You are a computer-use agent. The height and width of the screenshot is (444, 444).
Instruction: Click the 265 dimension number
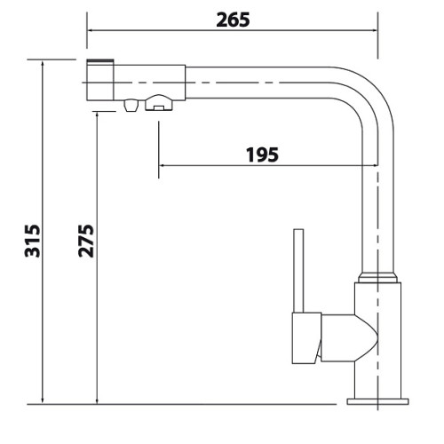[x=233, y=20]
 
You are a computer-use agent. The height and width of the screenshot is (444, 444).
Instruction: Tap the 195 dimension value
[x=262, y=155]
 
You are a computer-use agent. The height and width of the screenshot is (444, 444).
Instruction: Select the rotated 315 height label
[x=32, y=241]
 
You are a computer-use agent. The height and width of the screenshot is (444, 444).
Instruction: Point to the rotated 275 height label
[x=86, y=241]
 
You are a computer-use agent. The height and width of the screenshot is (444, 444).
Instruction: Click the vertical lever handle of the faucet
[x=298, y=271]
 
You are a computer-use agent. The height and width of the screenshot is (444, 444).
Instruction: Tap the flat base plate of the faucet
[x=378, y=401]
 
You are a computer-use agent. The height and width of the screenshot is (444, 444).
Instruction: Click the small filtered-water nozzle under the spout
[x=131, y=105]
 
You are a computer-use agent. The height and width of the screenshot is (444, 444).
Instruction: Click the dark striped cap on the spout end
[x=99, y=61]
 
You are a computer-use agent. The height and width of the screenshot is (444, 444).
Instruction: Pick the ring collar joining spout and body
[x=377, y=277]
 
